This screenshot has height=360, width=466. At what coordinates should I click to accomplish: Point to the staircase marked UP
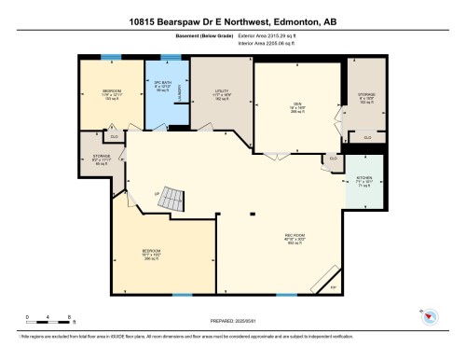(169, 199)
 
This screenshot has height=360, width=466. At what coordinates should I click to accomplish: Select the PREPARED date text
(233, 322)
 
